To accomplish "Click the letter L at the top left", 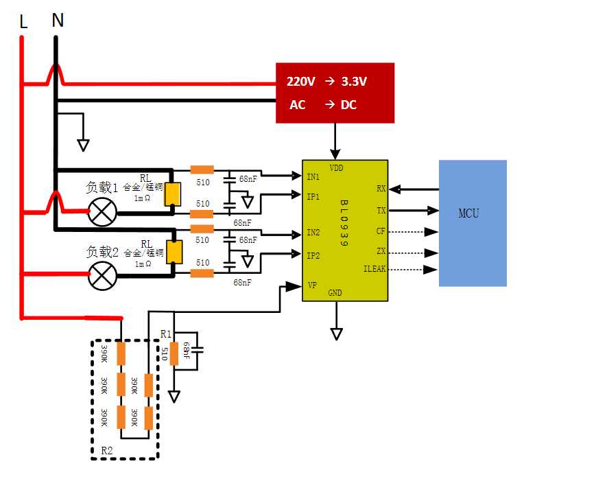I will pos(23,23).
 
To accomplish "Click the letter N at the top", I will pos(58,21).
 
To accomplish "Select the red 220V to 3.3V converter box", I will pos(335,93).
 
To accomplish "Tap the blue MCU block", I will pos(473,222).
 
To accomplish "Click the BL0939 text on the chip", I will pos(344,224).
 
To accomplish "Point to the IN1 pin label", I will pos(313,177).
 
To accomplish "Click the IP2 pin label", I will pos(313,255).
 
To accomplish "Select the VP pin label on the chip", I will pos(312,285).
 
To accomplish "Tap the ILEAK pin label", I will pos(374,269).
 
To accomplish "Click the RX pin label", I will pos(381,188).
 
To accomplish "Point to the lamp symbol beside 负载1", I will pos(103,212).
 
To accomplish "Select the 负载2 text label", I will pos(102,253).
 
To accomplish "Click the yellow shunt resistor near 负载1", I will pos(172,195).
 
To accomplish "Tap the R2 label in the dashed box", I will pos(107,451).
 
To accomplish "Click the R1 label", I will pos(166,334).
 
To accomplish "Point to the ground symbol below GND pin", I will pos(336,334).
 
